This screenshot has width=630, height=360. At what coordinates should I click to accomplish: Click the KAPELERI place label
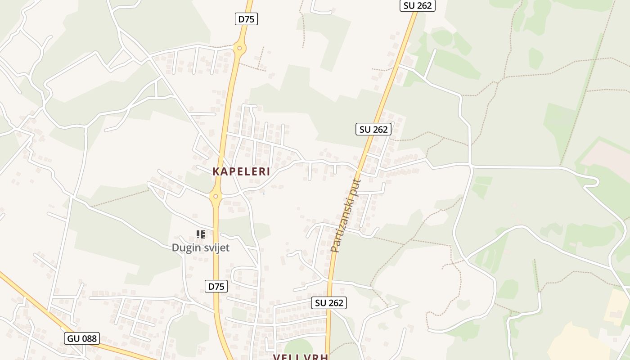coord(241,171)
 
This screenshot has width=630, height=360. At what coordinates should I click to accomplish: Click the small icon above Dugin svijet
coord(201,234)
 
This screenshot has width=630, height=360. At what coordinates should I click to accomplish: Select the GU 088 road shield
coord(82,338)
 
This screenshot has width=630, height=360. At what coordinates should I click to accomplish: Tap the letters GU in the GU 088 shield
coord(73,338)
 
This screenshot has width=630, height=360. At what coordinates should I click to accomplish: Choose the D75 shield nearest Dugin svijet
coord(216,286)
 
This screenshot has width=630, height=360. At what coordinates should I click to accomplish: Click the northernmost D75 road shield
coord(247,19)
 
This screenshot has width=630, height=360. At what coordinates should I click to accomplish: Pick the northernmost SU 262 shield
coord(418,5)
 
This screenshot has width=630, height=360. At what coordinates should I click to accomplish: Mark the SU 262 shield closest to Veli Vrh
coord(329,303)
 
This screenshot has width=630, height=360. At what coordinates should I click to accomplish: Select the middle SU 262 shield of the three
coord(373,129)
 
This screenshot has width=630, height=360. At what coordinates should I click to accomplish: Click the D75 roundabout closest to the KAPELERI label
coord(216,196)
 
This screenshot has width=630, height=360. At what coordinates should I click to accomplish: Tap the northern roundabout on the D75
coord(239,48)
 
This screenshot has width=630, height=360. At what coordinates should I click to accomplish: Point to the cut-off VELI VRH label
coord(301,356)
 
